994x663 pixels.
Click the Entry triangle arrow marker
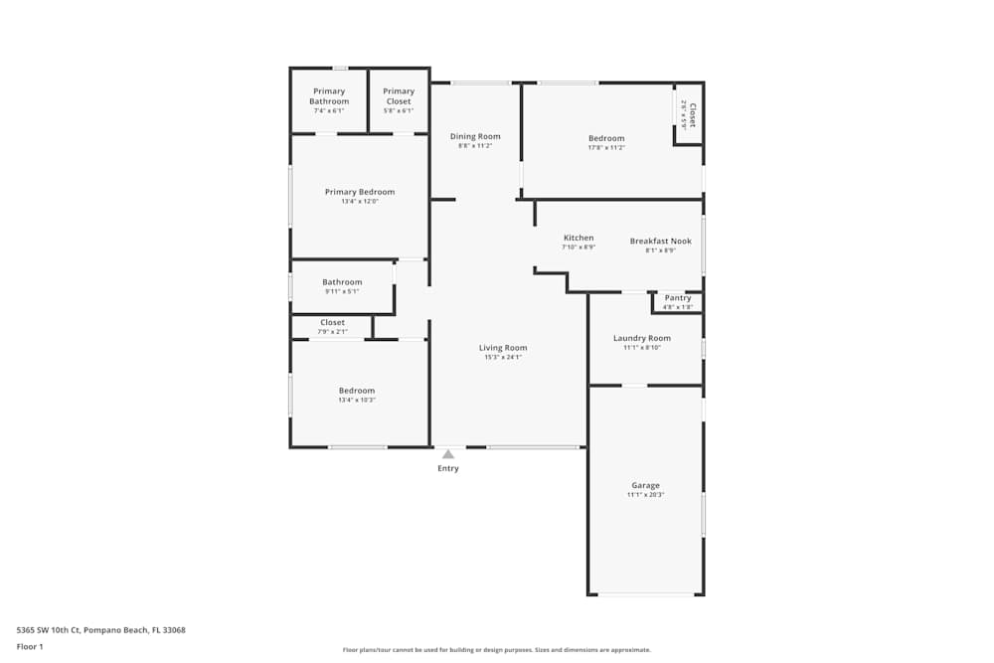point(448,454)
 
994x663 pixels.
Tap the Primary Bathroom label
point(329,96)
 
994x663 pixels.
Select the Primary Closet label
point(399,96)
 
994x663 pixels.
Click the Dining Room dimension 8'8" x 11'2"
point(475,146)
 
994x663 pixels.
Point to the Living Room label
point(503,348)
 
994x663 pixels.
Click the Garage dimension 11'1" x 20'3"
point(645,495)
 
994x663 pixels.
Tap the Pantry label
point(678,298)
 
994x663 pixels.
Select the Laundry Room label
point(642,338)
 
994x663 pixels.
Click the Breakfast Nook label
point(660,241)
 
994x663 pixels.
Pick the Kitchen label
point(579,238)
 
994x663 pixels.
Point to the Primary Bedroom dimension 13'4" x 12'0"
point(360,202)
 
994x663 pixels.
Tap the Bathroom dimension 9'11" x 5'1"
point(342,291)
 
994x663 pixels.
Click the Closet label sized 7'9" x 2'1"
point(333,322)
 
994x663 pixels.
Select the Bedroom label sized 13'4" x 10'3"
point(357,391)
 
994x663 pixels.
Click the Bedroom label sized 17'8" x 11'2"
point(606,138)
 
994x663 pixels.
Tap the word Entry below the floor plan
point(448,468)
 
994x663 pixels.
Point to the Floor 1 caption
point(30,646)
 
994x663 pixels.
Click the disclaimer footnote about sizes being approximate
point(497,650)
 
